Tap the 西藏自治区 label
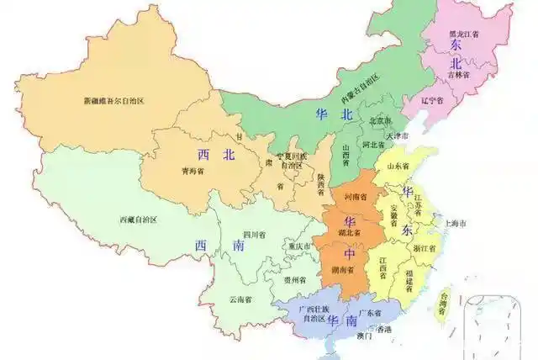[x=138, y=220]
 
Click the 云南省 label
[x=240, y=299]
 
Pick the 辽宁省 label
[x=433, y=100]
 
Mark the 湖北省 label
[x=347, y=232]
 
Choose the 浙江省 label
[x=426, y=249]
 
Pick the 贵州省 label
[x=294, y=280]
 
